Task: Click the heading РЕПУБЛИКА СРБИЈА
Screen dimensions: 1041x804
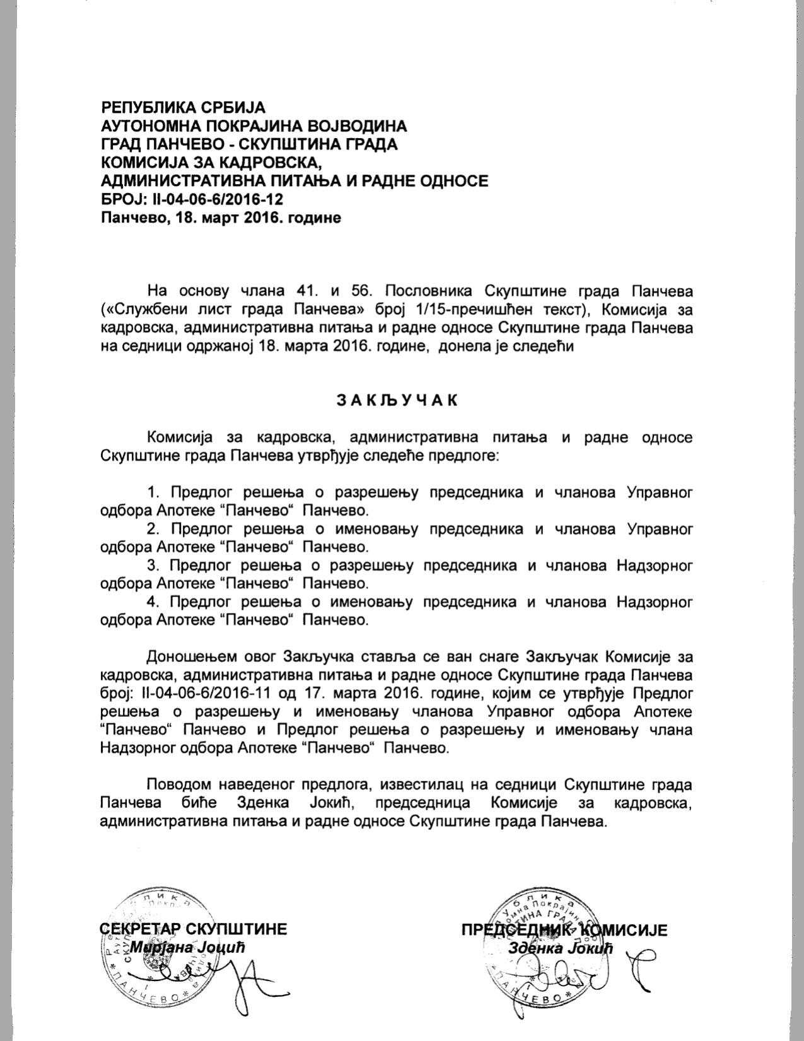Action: click(184, 107)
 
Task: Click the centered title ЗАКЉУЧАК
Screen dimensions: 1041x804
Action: click(397, 401)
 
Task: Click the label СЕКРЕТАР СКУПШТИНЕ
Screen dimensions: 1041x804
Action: click(194, 929)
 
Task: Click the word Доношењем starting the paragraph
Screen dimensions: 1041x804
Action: click(185, 657)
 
